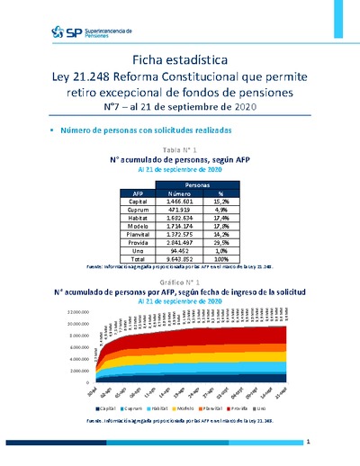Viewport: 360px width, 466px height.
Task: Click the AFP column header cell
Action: [139, 193]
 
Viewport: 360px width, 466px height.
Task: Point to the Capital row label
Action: [138, 202]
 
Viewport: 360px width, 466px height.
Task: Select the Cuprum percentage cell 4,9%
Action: [220, 210]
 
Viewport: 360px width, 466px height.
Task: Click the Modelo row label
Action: [138, 226]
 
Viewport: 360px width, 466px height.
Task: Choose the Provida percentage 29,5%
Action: [220, 242]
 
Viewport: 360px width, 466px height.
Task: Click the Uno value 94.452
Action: [179, 250]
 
